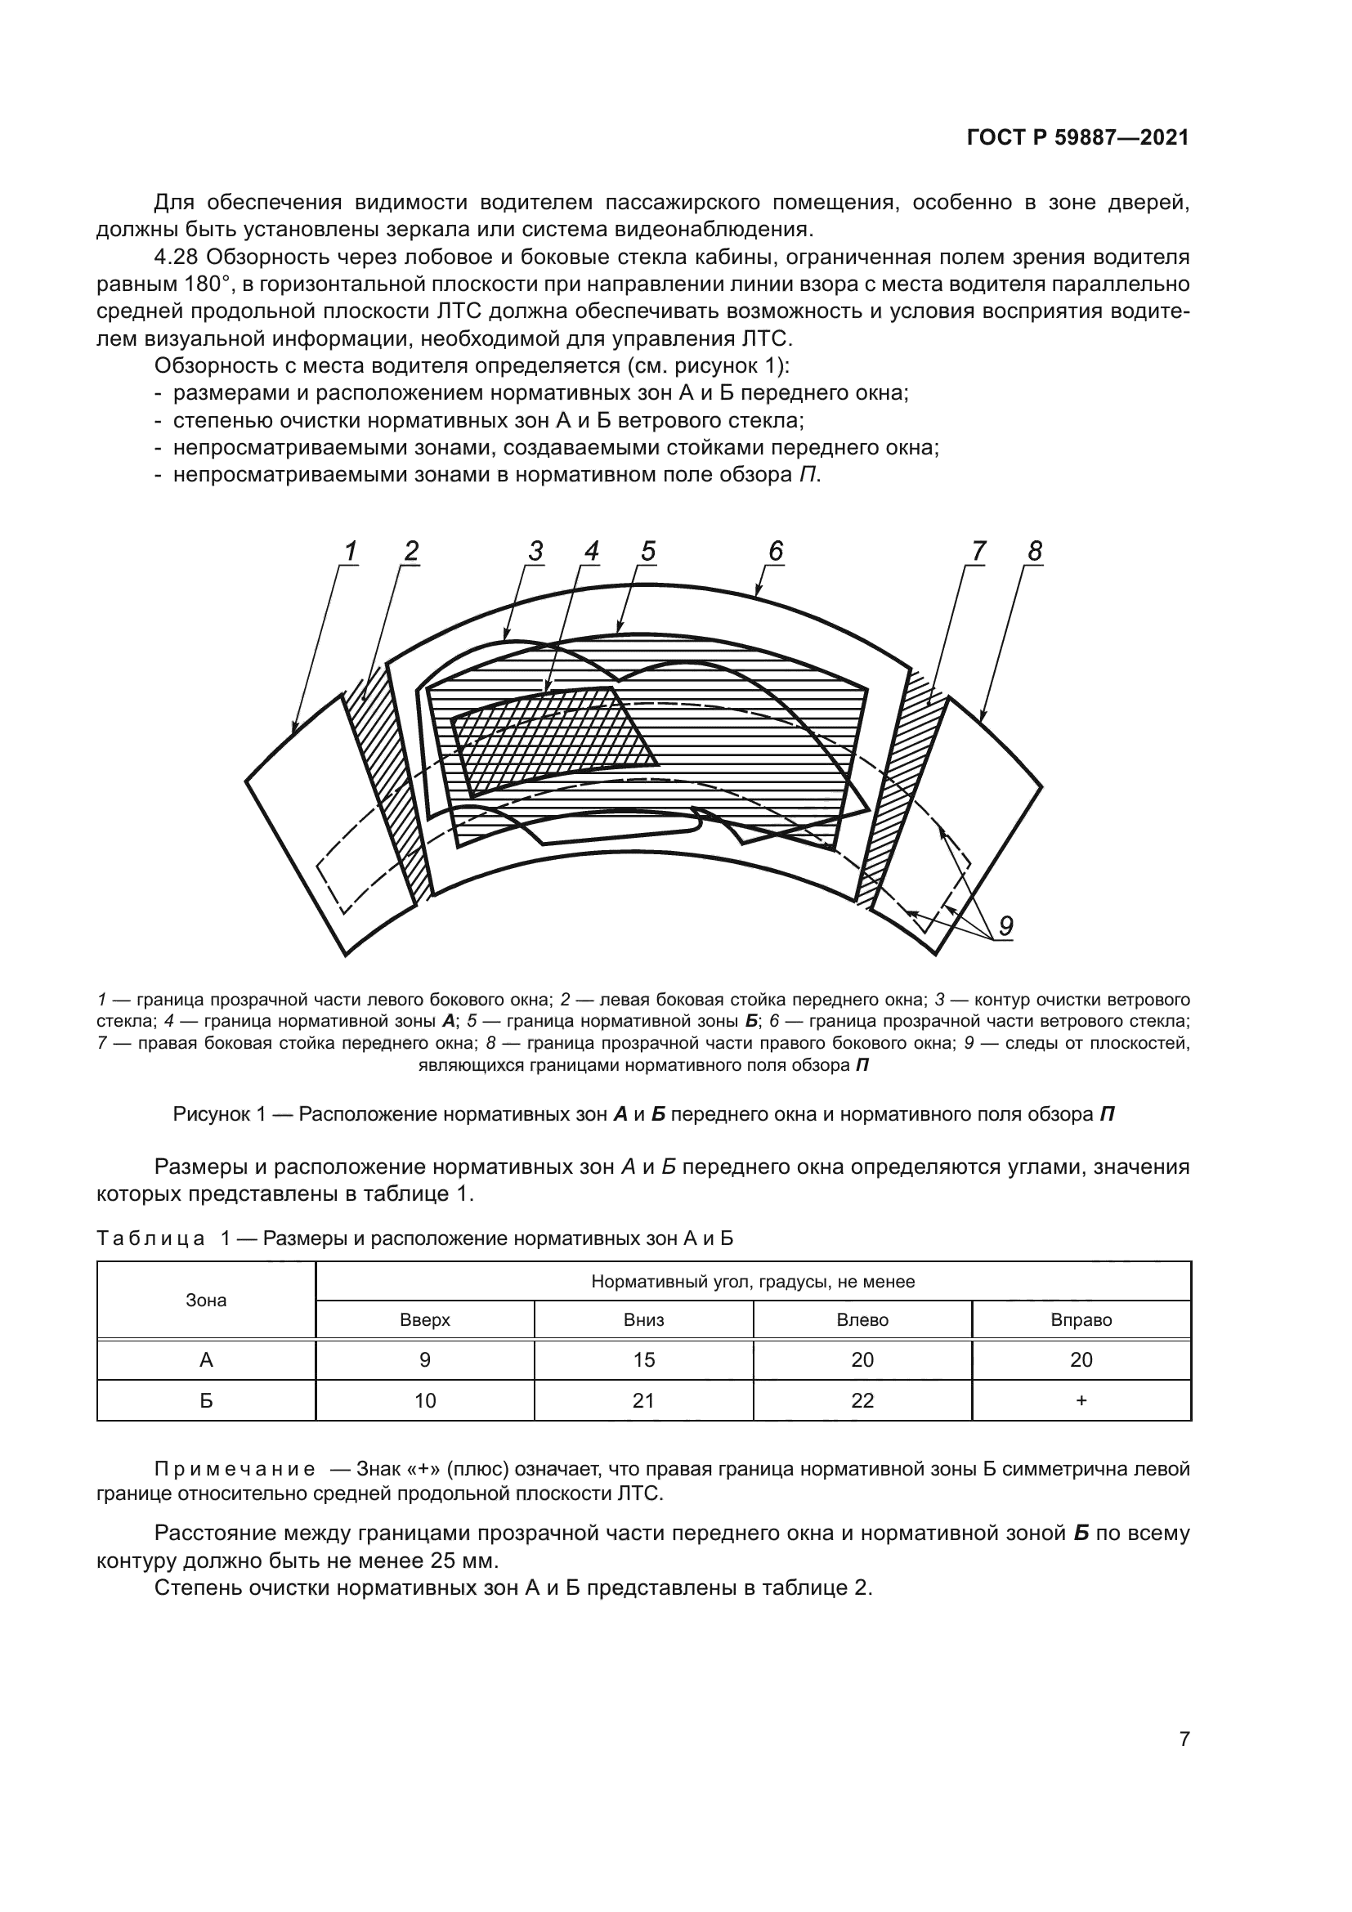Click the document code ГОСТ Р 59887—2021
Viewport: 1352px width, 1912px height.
[x=1077, y=138]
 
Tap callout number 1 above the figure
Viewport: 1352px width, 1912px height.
[x=351, y=551]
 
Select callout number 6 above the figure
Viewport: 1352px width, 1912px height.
[x=775, y=551]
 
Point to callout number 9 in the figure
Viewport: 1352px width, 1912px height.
[x=1005, y=926]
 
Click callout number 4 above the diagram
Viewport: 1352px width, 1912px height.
[x=591, y=551]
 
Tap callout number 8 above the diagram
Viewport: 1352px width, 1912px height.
[x=1035, y=551]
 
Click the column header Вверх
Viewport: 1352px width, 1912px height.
[x=424, y=1320]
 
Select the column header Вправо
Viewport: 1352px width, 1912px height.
[x=1081, y=1320]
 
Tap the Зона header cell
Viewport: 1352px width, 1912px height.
[x=206, y=1300]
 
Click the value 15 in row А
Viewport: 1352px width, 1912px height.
[x=643, y=1360]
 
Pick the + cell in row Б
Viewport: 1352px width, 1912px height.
[x=1081, y=1401]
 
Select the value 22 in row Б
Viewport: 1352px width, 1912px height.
[x=862, y=1401]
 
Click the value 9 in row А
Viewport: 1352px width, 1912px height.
[x=424, y=1360]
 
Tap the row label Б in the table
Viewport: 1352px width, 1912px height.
[x=206, y=1401]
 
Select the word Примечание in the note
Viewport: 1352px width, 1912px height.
[x=235, y=1469]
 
